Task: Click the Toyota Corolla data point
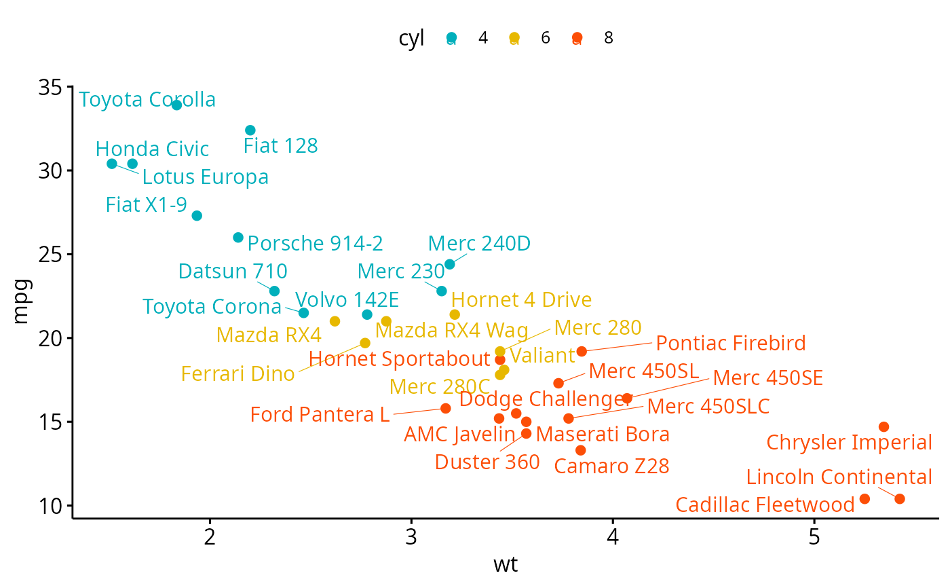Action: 176,105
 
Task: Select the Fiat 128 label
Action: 280,146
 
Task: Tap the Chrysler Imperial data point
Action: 883,427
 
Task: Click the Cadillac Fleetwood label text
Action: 765,505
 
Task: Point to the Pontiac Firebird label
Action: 731,344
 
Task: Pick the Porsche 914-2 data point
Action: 238,238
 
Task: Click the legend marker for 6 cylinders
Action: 514,38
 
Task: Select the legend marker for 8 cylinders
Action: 577,38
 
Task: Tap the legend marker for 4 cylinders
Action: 452,38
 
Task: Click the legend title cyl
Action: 411,39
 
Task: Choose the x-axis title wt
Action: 506,564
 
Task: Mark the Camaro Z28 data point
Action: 580,450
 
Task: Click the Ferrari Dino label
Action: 237,374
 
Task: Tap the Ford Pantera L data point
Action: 446,409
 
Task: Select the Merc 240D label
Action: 479,244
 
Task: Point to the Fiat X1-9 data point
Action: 197,216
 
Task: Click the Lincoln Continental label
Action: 839,477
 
